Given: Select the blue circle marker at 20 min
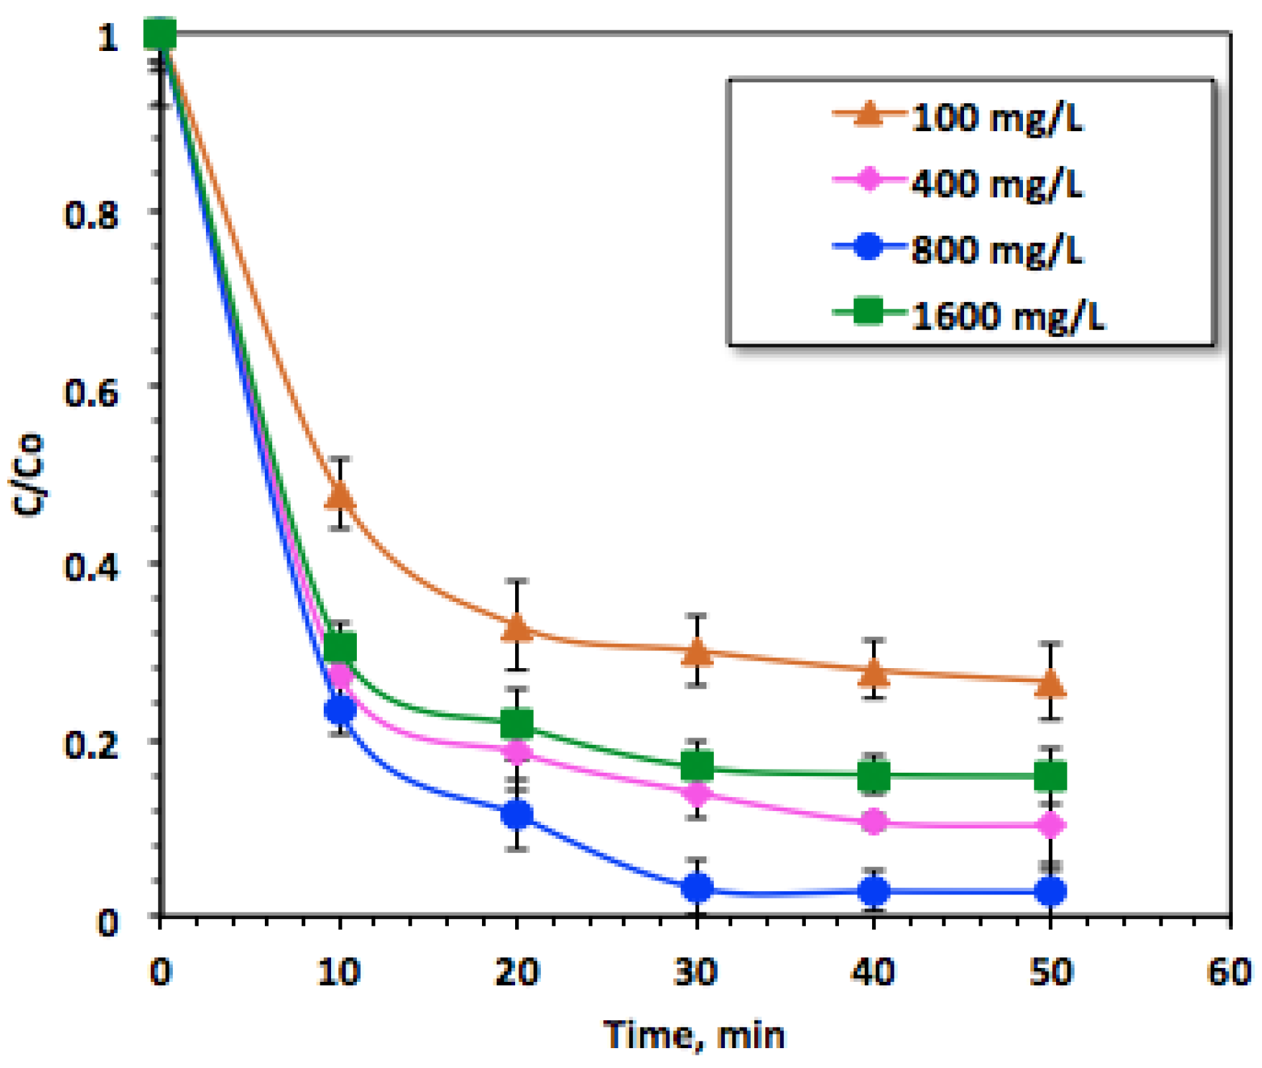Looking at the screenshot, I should (x=517, y=814).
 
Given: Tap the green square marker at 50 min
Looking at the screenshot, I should (x=1051, y=775).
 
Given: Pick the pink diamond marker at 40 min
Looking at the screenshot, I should (x=874, y=822).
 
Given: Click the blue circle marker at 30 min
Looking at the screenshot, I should (x=697, y=887).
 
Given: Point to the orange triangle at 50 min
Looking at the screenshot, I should (x=1051, y=683).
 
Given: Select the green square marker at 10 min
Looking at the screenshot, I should (x=340, y=647).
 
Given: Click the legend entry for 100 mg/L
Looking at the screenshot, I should (x=996, y=118).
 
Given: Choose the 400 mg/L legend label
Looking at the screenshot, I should (x=996, y=183).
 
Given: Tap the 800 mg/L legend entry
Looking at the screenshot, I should (x=996, y=250).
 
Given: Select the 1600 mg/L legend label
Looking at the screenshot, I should (x=1008, y=315).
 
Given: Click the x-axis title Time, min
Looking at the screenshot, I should (x=693, y=1035).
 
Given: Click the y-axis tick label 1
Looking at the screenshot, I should (x=108, y=37).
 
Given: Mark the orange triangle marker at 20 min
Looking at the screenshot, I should (x=517, y=628).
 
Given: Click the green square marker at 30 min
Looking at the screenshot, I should (x=697, y=766).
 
